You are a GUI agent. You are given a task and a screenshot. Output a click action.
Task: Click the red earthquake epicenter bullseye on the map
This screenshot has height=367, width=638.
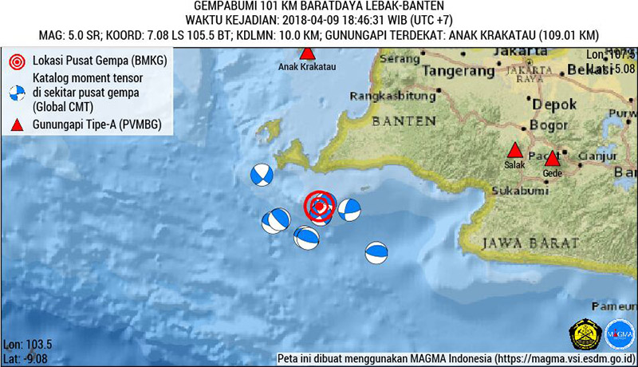coord(319,207)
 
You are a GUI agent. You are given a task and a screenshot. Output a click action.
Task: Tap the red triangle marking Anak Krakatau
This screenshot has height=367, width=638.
coord(307,53)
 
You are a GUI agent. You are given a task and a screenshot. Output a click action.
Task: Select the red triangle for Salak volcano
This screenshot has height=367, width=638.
coord(515,151)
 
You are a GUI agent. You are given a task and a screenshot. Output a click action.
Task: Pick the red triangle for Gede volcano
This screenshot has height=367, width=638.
coord(552,158)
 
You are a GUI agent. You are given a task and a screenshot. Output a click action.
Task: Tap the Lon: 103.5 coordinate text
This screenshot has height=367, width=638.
coord(28,344)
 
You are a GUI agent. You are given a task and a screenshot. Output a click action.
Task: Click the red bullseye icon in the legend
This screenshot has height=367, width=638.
coord(16,61)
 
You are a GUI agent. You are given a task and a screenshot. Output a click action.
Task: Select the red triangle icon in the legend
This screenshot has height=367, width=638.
coord(16,124)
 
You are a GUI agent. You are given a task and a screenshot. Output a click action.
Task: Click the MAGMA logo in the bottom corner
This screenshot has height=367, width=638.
coord(619,333)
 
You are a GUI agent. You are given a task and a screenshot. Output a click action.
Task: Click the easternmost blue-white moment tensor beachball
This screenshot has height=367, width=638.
coord(376,253)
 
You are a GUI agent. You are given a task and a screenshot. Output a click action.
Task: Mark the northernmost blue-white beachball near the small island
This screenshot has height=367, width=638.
coord(261,175)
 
